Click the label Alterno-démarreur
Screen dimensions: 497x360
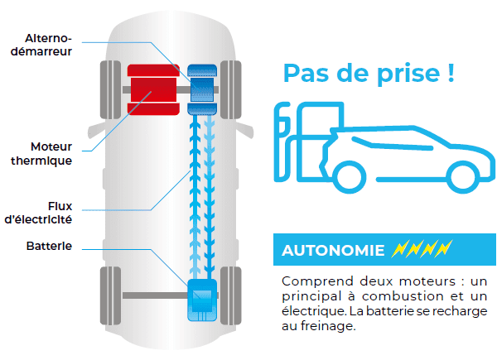41,45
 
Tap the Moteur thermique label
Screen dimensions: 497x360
41,154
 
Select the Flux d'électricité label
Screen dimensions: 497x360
38,213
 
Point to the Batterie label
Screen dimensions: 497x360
49,246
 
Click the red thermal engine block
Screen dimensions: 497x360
153,89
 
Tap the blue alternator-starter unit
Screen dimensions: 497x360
202,89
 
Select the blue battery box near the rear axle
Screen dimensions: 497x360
203,300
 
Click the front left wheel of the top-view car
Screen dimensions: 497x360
111,90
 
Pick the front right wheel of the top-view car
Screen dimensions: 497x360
231,90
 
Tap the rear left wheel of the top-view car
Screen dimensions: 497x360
111,295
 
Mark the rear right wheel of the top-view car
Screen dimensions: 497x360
231,295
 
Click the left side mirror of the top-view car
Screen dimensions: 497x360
96,131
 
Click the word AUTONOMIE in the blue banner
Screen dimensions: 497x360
333,251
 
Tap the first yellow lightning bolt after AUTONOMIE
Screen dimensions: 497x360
399,248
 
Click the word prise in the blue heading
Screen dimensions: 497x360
408,74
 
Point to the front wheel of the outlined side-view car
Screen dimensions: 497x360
463,178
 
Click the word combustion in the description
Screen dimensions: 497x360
403,296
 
